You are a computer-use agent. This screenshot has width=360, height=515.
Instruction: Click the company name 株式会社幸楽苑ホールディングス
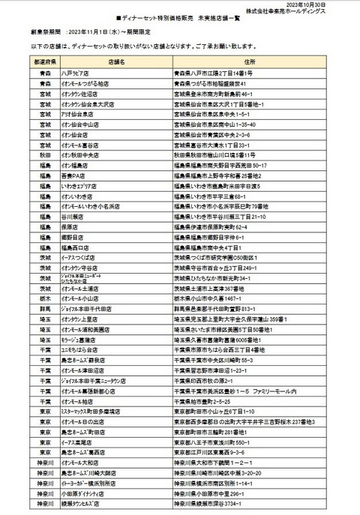pos(307,13)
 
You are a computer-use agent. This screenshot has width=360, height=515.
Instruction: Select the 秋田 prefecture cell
pos(46,154)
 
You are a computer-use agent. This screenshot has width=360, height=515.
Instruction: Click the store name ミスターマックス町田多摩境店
pos(97,411)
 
